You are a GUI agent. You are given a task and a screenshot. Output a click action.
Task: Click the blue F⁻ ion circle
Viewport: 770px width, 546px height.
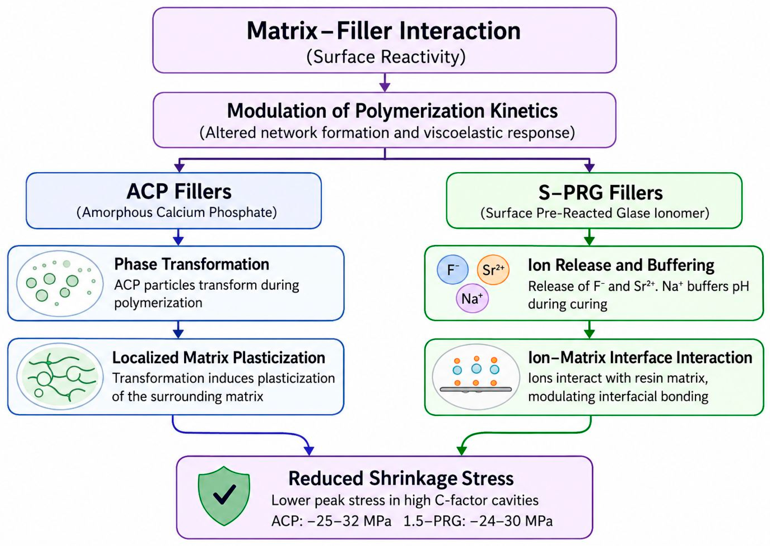[x=453, y=269]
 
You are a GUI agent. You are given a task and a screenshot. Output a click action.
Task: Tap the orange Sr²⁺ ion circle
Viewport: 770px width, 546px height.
[x=493, y=269]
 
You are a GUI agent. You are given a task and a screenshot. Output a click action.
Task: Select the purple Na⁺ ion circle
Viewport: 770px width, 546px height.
[x=472, y=298]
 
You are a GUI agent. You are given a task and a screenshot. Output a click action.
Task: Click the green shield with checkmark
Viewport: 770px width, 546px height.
[x=224, y=496]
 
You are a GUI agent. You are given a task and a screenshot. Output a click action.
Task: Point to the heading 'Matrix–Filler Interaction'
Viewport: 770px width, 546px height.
[x=384, y=31]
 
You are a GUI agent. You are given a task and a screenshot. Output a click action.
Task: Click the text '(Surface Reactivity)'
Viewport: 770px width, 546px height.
[x=386, y=56]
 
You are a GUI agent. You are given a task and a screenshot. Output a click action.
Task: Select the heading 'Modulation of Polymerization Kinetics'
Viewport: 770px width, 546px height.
[x=392, y=111]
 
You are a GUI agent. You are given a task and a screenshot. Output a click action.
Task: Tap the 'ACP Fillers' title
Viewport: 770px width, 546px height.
[x=179, y=192]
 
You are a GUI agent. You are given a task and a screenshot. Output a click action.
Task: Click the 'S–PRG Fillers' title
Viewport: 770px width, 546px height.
[x=600, y=193]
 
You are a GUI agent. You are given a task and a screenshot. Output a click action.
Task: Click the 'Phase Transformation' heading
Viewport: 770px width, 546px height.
[x=192, y=264]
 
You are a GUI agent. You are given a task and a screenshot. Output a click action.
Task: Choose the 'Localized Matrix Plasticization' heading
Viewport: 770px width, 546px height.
[x=219, y=357]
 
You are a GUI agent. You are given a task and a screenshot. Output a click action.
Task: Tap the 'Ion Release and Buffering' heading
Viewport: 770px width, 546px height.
[x=621, y=265]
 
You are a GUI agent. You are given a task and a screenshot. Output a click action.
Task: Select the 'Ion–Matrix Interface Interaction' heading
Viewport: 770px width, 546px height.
[x=640, y=357]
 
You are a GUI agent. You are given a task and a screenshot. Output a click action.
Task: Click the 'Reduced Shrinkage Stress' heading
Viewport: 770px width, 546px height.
[x=401, y=478]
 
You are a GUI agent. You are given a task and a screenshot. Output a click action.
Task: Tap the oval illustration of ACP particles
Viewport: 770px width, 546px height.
[x=60, y=283]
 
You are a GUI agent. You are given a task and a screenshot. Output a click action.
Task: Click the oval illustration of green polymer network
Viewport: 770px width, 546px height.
[x=60, y=376]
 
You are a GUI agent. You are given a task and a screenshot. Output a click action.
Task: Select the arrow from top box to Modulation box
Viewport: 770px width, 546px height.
[x=385, y=82]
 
